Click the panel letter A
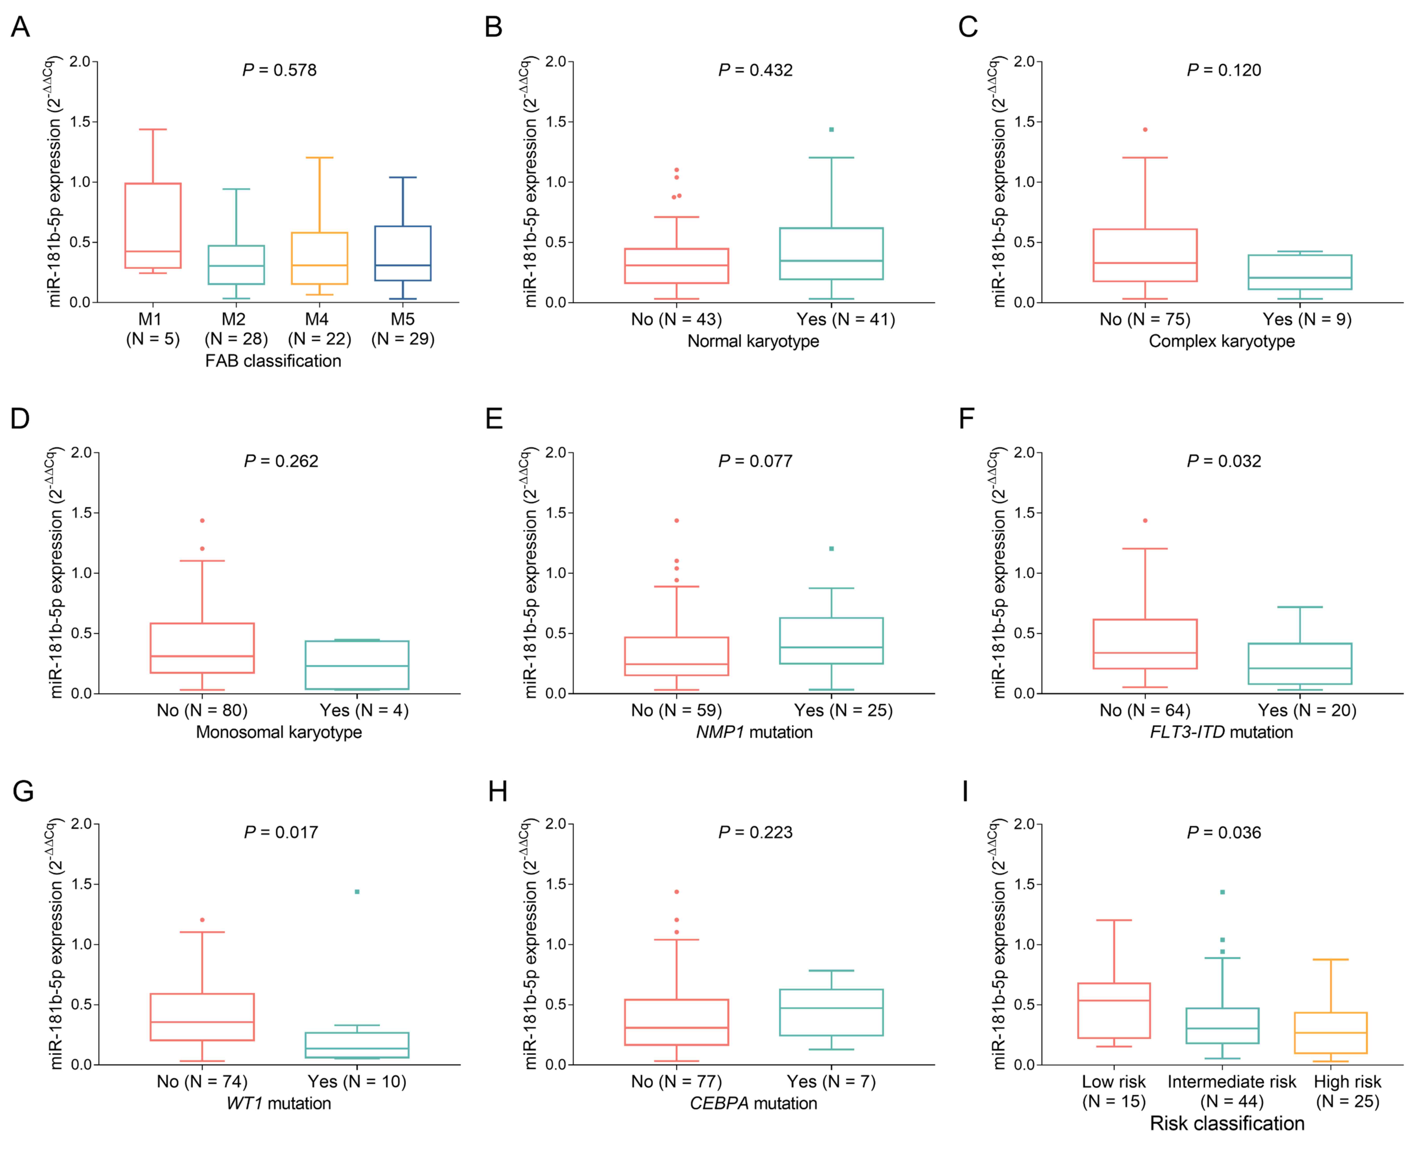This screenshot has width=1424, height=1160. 21,27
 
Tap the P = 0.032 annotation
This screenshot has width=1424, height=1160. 1224,461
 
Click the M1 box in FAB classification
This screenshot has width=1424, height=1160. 153,225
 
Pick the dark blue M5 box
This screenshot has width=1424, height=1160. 403,253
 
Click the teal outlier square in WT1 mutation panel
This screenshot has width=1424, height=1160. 357,891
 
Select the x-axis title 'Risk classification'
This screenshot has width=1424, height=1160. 1227,1123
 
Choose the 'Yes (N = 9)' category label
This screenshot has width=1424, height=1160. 1306,319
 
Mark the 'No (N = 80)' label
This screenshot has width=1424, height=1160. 202,710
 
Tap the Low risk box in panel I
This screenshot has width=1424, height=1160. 1114,1010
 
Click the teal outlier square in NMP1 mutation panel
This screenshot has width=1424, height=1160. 831,549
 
